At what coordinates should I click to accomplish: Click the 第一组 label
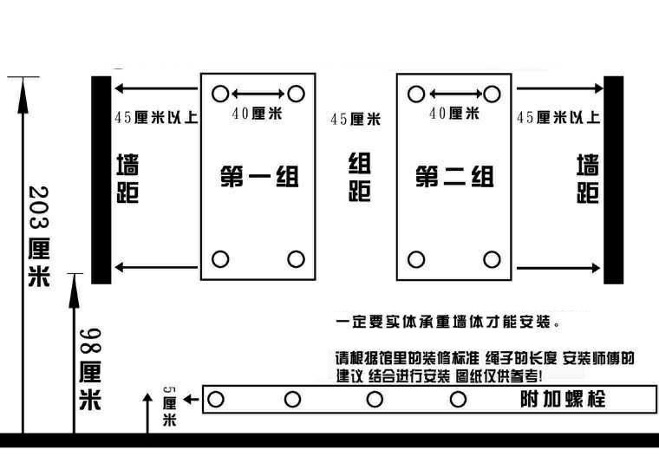[x=259, y=177]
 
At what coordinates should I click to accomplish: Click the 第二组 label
[x=454, y=177]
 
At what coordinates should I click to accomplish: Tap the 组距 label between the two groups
[x=360, y=177]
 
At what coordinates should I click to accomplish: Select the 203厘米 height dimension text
[x=39, y=237]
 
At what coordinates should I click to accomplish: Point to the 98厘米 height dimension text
[x=90, y=369]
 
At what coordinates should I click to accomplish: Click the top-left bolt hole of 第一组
[x=220, y=94]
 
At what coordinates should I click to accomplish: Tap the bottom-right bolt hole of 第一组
[x=296, y=259]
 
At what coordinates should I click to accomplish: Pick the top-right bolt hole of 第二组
[x=492, y=94]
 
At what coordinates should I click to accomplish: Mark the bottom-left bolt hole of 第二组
[x=416, y=259]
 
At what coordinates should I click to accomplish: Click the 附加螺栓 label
[x=563, y=399]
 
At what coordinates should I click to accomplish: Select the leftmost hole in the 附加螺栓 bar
[x=216, y=399]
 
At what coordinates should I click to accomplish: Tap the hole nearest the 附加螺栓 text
[x=458, y=399]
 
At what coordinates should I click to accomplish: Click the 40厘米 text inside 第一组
[x=257, y=114]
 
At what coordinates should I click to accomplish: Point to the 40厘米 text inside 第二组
[x=454, y=113]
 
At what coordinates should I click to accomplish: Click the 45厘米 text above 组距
[x=356, y=119]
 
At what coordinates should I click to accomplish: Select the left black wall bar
[x=101, y=179]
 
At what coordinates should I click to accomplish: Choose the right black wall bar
[x=614, y=179]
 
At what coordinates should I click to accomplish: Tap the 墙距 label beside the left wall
[x=127, y=178]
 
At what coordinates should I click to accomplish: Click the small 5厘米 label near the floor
[x=169, y=407]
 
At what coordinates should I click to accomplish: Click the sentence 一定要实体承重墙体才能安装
[x=447, y=323]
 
